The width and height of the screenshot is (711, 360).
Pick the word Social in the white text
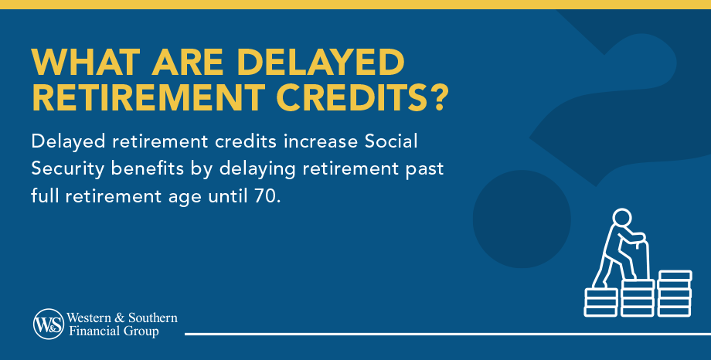tap(393, 144)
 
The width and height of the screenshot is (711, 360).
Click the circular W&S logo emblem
tap(48, 323)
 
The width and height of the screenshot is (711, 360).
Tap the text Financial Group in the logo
tap(114, 331)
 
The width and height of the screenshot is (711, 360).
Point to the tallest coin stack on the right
tap(675, 294)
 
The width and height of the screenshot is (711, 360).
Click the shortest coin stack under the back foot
tap(600, 301)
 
